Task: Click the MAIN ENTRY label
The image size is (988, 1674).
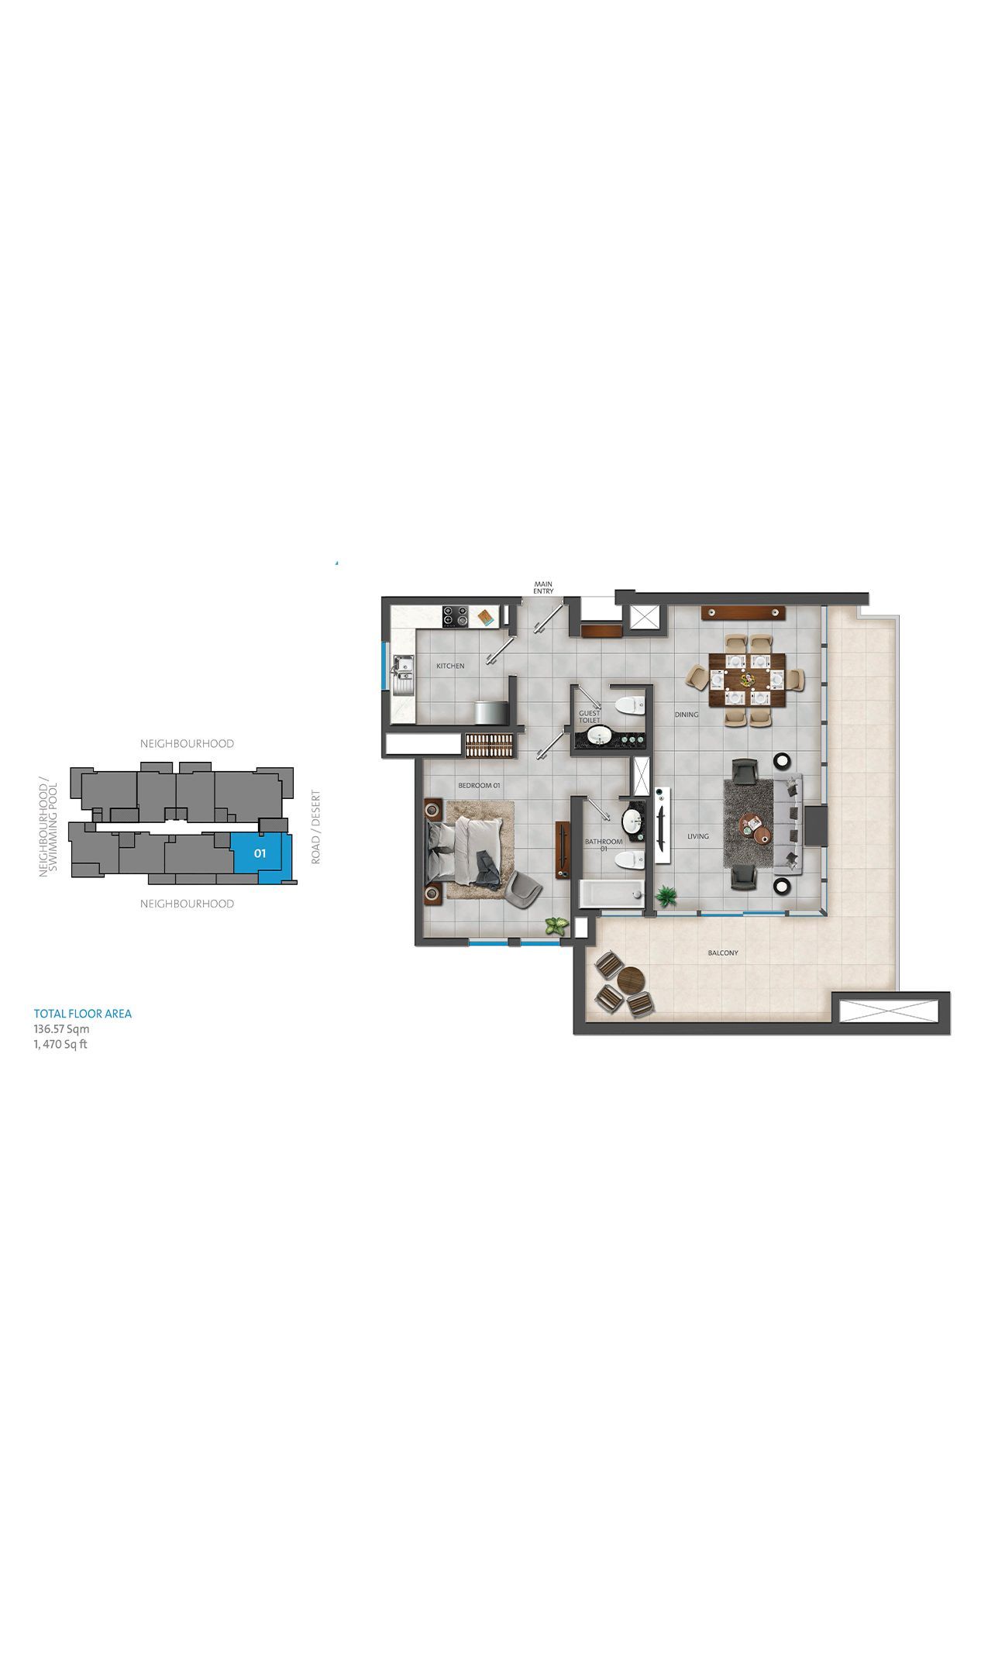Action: [543, 587]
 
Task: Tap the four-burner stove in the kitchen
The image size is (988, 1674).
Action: [456, 617]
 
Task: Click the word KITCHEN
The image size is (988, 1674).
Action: [450, 666]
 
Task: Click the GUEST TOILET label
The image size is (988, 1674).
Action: [590, 716]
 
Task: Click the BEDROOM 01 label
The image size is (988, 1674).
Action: [480, 785]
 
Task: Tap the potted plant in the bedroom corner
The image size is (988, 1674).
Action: [556, 924]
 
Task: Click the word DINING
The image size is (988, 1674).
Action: [687, 715]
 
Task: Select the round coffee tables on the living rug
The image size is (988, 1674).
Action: [754, 826]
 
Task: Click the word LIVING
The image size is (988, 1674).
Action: [698, 836]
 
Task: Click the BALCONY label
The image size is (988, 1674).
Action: [723, 952]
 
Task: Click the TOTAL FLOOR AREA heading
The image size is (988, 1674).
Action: [83, 1014]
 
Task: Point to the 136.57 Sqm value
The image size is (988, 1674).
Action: [61, 1029]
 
